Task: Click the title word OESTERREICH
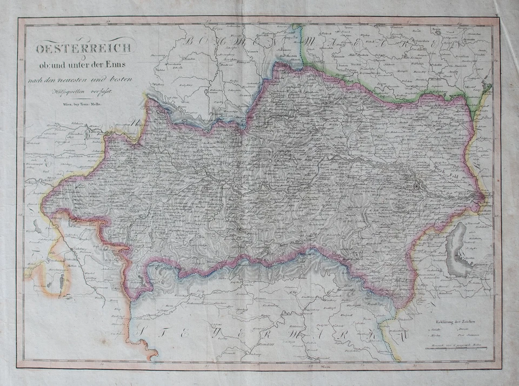tap(84, 49)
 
